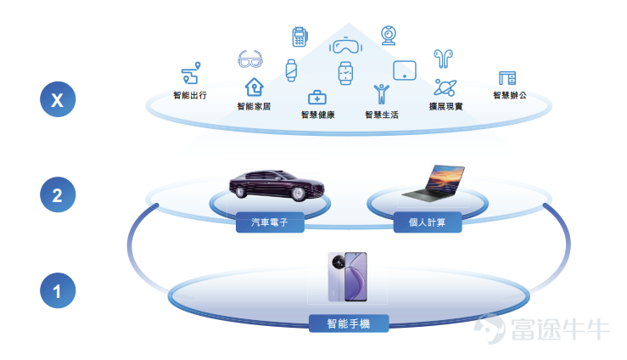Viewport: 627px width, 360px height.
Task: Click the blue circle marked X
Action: [58, 99]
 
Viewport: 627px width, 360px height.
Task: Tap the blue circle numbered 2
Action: [58, 194]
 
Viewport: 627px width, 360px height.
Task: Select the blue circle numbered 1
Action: [58, 290]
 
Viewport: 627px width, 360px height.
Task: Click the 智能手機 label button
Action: [349, 323]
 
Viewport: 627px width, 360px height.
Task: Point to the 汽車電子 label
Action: [270, 222]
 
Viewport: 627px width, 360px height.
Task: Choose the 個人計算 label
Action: [428, 222]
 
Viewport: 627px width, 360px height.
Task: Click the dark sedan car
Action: [277, 185]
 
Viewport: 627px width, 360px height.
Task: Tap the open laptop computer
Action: [434, 183]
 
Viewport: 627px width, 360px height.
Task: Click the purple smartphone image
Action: [348, 277]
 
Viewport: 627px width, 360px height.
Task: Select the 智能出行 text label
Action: [190, 95]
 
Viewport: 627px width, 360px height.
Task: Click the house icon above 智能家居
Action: [255, 87]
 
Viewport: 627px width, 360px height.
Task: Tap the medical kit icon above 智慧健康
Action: [317, 97]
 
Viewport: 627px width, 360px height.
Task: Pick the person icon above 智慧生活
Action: [382, 94]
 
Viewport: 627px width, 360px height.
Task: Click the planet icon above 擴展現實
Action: [445, 87]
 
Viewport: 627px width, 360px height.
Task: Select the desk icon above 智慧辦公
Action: [507, 78]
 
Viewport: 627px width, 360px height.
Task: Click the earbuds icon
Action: [443, 59]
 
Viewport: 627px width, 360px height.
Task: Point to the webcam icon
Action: [389, 35]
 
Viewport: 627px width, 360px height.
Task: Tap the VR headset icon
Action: [346, 45]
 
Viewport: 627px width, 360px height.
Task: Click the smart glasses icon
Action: [250, 59]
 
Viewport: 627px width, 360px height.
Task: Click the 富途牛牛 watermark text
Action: [560, 329]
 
